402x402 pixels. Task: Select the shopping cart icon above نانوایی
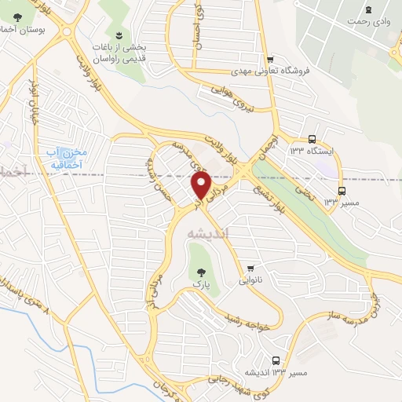tap(250, 268)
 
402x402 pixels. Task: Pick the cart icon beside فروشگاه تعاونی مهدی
tap(270, 59)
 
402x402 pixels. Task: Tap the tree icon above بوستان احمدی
tap(17, 17)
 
